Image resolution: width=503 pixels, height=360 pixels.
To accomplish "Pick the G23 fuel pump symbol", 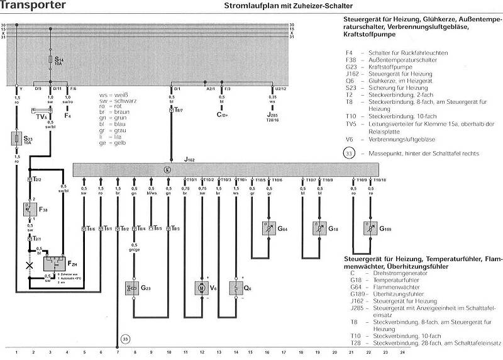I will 133,288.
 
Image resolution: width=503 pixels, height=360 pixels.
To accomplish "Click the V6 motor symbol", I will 202,288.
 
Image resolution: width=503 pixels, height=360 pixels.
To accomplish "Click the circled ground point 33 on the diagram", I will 126,340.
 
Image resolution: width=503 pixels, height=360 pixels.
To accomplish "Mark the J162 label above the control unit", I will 189,160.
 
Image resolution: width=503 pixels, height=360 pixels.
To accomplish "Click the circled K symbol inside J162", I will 167,170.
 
